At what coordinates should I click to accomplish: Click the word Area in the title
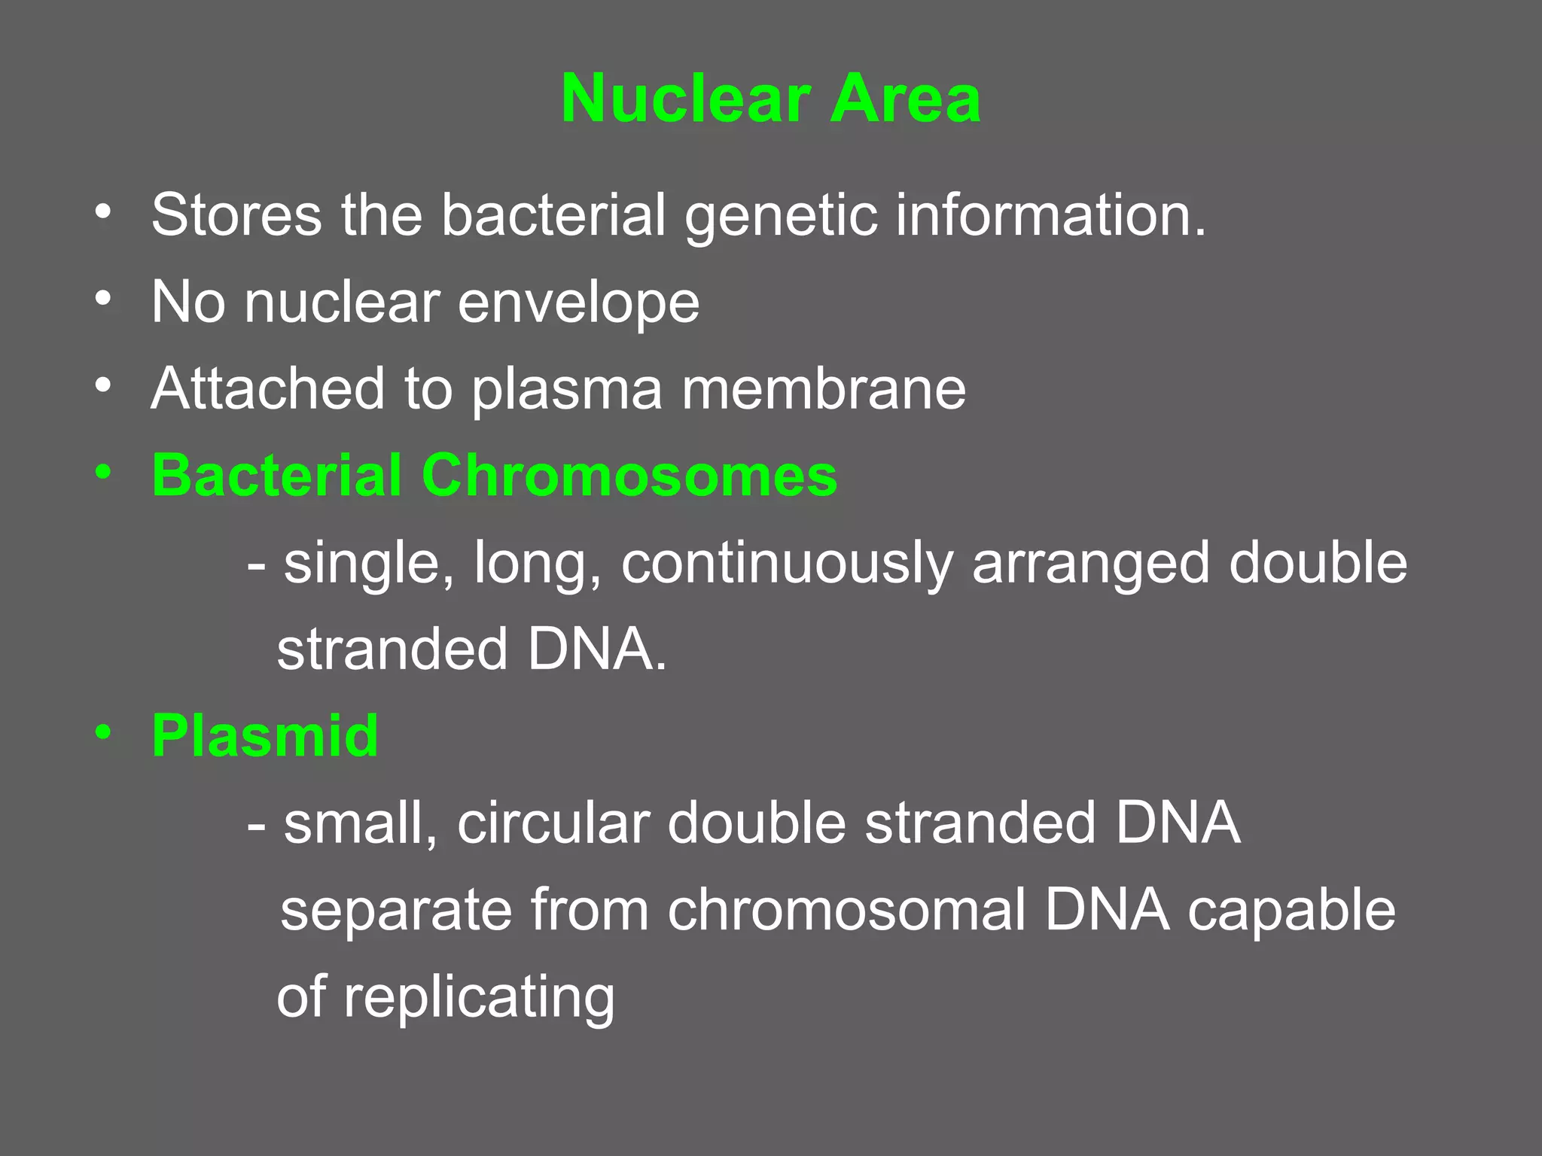tap(905, 99)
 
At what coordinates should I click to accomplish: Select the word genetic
tap(780, 217)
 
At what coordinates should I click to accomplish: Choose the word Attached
tap(268, 389)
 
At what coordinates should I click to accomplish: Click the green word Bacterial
tap(276, 476)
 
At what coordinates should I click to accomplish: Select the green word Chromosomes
tap(629, 476)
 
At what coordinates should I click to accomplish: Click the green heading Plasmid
tap(264, 735)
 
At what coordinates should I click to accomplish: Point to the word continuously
tap(787, 564)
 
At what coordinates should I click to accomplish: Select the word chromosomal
tap(846, 910)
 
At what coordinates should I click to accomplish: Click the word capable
tap(1291, 910)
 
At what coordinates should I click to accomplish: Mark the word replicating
tap(479, 998)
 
